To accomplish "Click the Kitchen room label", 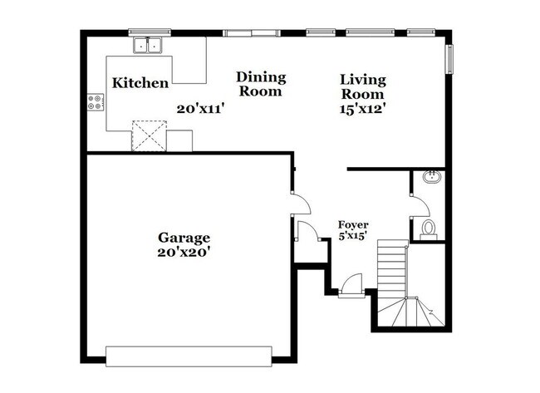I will pos(141,83).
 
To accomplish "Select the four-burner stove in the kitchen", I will pos(96,104).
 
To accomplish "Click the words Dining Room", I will pos(261,84).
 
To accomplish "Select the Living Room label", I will pos(363,86).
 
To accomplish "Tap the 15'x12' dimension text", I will pos(363,107).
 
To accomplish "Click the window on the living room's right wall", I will pos(451,59).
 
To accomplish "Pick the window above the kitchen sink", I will pos(150,32).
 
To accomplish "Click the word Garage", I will pos(186,237).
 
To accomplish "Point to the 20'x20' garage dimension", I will pos(186,251).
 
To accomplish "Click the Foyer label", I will pos(353,225).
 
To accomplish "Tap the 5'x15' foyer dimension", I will pos(353,237).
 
